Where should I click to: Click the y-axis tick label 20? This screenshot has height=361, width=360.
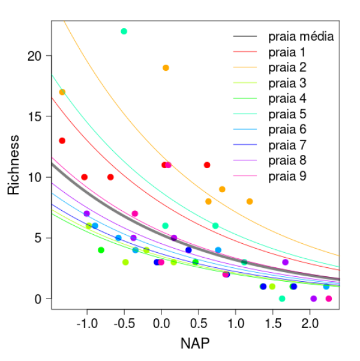point(35,56)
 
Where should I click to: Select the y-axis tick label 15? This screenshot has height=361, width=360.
point(35,117)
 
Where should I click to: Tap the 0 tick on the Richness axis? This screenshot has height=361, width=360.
point(39,299)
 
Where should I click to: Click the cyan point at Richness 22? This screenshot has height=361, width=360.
point(124,31)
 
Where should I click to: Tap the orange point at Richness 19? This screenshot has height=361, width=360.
point(166,68)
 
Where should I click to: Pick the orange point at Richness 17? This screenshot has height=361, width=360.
point(62,92)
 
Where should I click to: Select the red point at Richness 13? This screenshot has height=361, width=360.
point(62,141)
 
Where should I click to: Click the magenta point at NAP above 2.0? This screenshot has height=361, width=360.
point(328,299)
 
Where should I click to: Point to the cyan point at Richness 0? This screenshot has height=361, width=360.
point(282,299)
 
